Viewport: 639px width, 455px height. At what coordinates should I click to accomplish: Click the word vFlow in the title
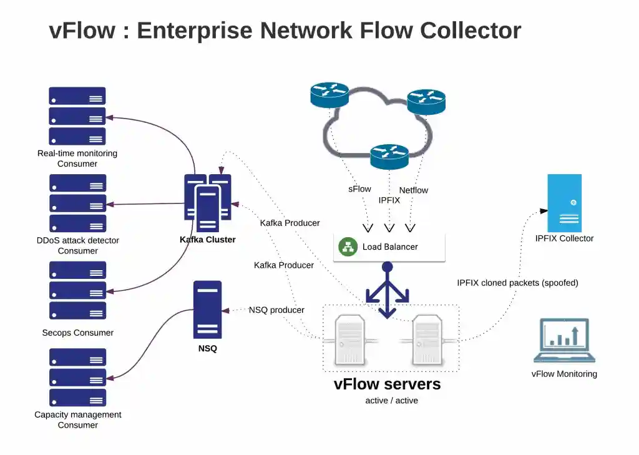81,30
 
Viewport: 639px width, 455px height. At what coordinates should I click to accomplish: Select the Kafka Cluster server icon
208,198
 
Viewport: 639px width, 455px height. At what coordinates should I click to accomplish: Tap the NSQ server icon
207,310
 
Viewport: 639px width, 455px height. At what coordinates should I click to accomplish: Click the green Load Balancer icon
348,247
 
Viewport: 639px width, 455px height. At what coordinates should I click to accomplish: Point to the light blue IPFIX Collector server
564,203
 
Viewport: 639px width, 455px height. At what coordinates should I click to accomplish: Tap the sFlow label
359,189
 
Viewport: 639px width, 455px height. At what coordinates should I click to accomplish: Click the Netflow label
413,190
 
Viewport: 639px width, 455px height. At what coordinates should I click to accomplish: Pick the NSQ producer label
276,310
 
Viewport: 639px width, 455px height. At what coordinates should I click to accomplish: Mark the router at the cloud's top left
329,94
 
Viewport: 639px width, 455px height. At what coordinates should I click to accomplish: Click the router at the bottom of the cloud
389,156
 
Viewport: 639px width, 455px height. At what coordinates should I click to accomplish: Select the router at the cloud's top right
426,101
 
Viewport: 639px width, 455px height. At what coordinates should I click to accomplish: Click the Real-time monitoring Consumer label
77,159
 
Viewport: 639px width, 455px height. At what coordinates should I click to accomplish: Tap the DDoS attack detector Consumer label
77,245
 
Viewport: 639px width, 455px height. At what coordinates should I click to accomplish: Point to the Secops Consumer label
77,333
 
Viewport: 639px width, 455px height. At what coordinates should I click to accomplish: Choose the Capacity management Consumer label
77,419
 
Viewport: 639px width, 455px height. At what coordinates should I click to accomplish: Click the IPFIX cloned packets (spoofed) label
517,283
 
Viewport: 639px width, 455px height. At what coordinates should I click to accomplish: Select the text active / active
391,401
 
